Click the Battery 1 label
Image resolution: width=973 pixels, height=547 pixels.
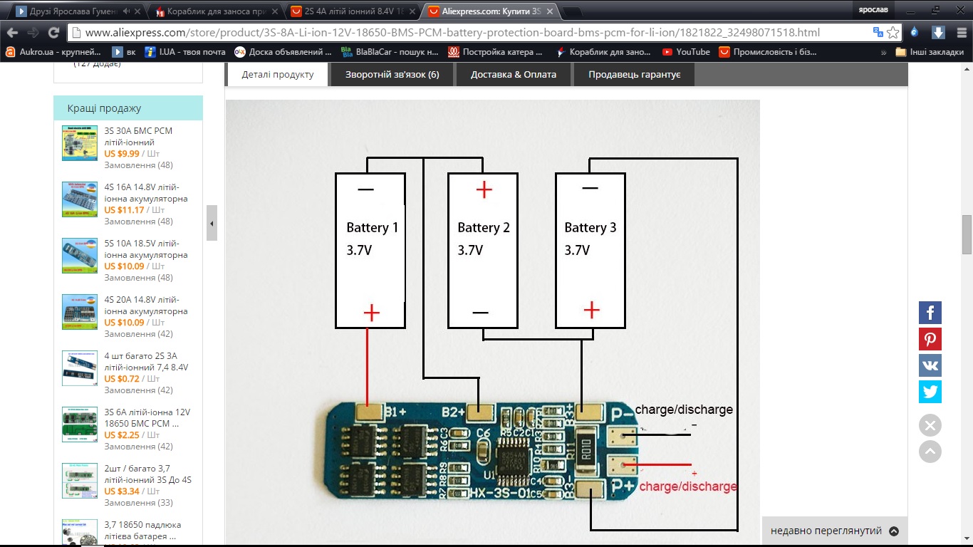tap(372, 228)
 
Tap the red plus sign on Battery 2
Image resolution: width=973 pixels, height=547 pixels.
tap(484, 189)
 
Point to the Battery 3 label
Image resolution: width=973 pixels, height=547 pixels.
tap(590, 228)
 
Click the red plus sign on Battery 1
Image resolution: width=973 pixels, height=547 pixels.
tap(372, 313)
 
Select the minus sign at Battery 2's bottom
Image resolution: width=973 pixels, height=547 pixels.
tap(480, 313)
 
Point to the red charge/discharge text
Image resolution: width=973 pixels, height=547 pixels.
tap(688, 486)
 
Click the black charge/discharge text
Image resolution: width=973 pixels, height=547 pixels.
tap(684, 410)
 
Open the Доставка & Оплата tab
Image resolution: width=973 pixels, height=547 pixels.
tap(513, 74)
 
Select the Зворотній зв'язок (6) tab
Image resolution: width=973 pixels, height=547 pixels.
tap(392, 74)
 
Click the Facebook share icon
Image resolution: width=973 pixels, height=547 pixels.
tap(930, 312)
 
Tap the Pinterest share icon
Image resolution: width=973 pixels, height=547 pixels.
tap(930, 339)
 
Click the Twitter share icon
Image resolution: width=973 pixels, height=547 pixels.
tap(930, 392)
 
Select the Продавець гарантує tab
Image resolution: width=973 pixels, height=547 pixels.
tap(634, 74)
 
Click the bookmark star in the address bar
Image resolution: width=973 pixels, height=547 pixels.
tap(893, 33)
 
